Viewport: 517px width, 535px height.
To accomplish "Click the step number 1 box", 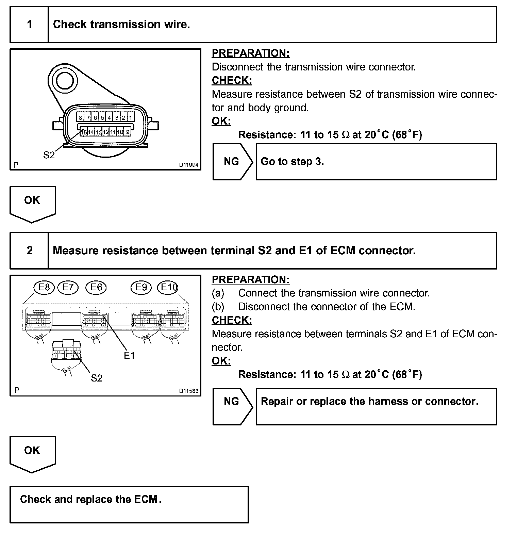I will coord(30,25).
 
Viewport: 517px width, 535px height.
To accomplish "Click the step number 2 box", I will coord(30,251).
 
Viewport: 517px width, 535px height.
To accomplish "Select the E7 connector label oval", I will coord(68,288).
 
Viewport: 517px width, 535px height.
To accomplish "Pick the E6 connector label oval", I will coord(96,288).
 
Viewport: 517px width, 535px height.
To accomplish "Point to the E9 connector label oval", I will coord(141,288).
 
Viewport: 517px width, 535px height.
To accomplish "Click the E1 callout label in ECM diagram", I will coord(129,356).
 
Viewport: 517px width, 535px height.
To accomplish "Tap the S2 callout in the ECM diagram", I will coord(97,378).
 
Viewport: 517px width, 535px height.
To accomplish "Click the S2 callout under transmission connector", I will coord(49,155).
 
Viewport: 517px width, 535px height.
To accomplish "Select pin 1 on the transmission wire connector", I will coord(130,118).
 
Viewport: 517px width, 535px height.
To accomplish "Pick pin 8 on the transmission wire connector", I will coord(80,118).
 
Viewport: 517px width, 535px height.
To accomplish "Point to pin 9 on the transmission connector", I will coord(128,132).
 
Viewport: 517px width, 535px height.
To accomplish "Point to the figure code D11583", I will coord(189,391).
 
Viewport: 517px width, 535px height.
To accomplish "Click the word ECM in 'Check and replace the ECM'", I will coord(146,499).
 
